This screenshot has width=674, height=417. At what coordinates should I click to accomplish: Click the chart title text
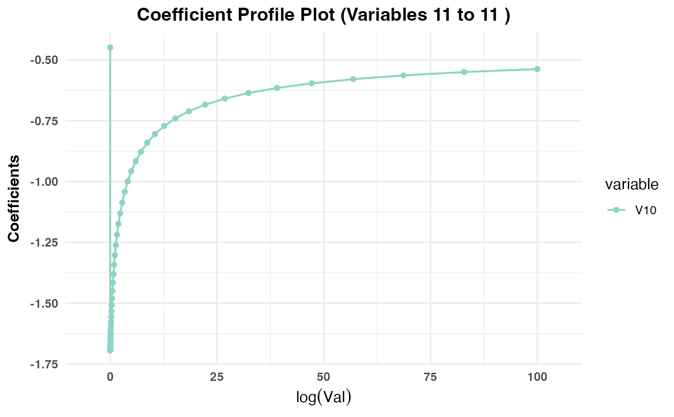(324, 15)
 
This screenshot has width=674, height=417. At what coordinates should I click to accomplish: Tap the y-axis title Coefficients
(14, 198)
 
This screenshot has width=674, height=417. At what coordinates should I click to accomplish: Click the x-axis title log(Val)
(324, 397)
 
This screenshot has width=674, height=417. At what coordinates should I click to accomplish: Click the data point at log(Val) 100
(537, 69)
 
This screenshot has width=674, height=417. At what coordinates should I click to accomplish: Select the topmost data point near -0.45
(110, 47)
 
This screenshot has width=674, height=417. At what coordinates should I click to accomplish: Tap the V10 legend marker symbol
(615, 210)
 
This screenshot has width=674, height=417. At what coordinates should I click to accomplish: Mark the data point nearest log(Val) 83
(464, 72)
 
